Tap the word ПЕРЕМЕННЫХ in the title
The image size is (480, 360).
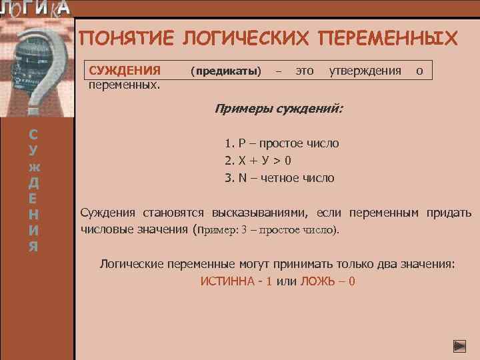click(389, 38)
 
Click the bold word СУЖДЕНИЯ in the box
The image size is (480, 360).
click(125, 71)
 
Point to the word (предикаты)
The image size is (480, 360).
click(225, 71)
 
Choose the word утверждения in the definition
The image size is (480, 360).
click(365, 71)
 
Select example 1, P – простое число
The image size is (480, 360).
click(281, 143)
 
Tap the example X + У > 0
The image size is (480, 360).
click(257, 161)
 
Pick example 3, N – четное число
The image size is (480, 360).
click(279, 178)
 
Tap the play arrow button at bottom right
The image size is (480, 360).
click(459, 346)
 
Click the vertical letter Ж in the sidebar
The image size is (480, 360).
click(33, 165)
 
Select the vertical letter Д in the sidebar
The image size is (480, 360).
click(33, 181)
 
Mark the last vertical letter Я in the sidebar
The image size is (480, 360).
click(33, 247)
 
